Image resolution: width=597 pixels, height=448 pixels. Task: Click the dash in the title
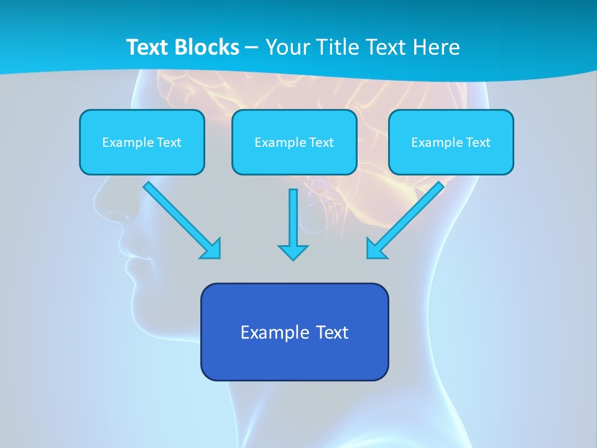252,48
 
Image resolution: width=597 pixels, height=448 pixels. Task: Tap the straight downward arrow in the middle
293,218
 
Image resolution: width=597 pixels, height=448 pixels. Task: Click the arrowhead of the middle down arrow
293,252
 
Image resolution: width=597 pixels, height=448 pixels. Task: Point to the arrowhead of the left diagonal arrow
211,248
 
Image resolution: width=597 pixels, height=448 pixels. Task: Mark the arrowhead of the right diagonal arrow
376,248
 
